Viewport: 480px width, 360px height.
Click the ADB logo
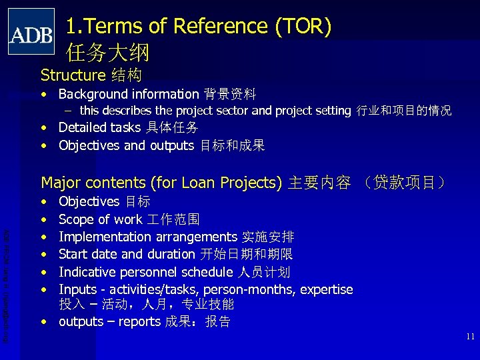click(31, 31)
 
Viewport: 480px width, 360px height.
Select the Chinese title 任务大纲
click(108, 52)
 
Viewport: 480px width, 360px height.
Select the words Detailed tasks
click(99, 127)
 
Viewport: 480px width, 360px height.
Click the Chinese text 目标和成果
click(233, 145)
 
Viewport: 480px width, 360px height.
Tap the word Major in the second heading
click(60, 183)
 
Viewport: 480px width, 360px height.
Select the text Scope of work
click(100, 219)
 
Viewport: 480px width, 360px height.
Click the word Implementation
click(105, 237)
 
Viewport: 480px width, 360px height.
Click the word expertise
click(327, 289)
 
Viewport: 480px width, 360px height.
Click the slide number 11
click(470, 337)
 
